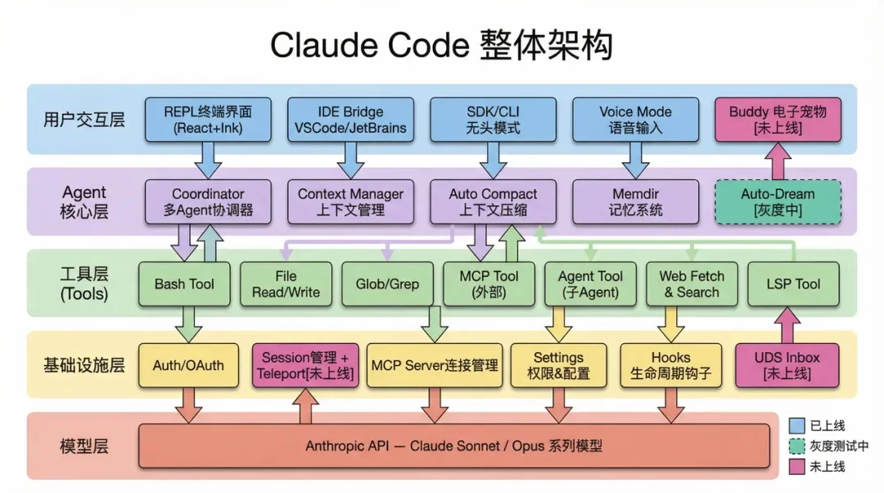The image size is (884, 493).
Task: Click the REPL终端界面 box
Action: pos(208,120)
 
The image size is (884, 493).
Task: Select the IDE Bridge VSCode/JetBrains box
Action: pos(350,120)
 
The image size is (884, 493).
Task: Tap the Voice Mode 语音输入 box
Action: pos(635,120)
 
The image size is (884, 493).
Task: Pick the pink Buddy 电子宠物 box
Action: pos(778,120)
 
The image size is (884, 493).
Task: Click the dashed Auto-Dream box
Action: pos(778,202)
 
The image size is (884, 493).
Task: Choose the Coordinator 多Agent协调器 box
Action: pos(208,202)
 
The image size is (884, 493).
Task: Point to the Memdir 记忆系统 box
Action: pos(635,202)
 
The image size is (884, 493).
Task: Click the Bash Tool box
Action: pos(184,284)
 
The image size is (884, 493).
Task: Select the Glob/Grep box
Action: pos(387,284)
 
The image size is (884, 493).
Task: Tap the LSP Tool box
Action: pos(794,284)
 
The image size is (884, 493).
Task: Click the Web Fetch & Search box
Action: pos(692,284)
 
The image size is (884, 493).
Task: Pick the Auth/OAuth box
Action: pos(188,365)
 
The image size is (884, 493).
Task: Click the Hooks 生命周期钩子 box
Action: pos(671,365)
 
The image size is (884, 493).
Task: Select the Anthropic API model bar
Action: pos(454,446)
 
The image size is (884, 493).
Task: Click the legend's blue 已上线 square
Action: pos(796,426)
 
